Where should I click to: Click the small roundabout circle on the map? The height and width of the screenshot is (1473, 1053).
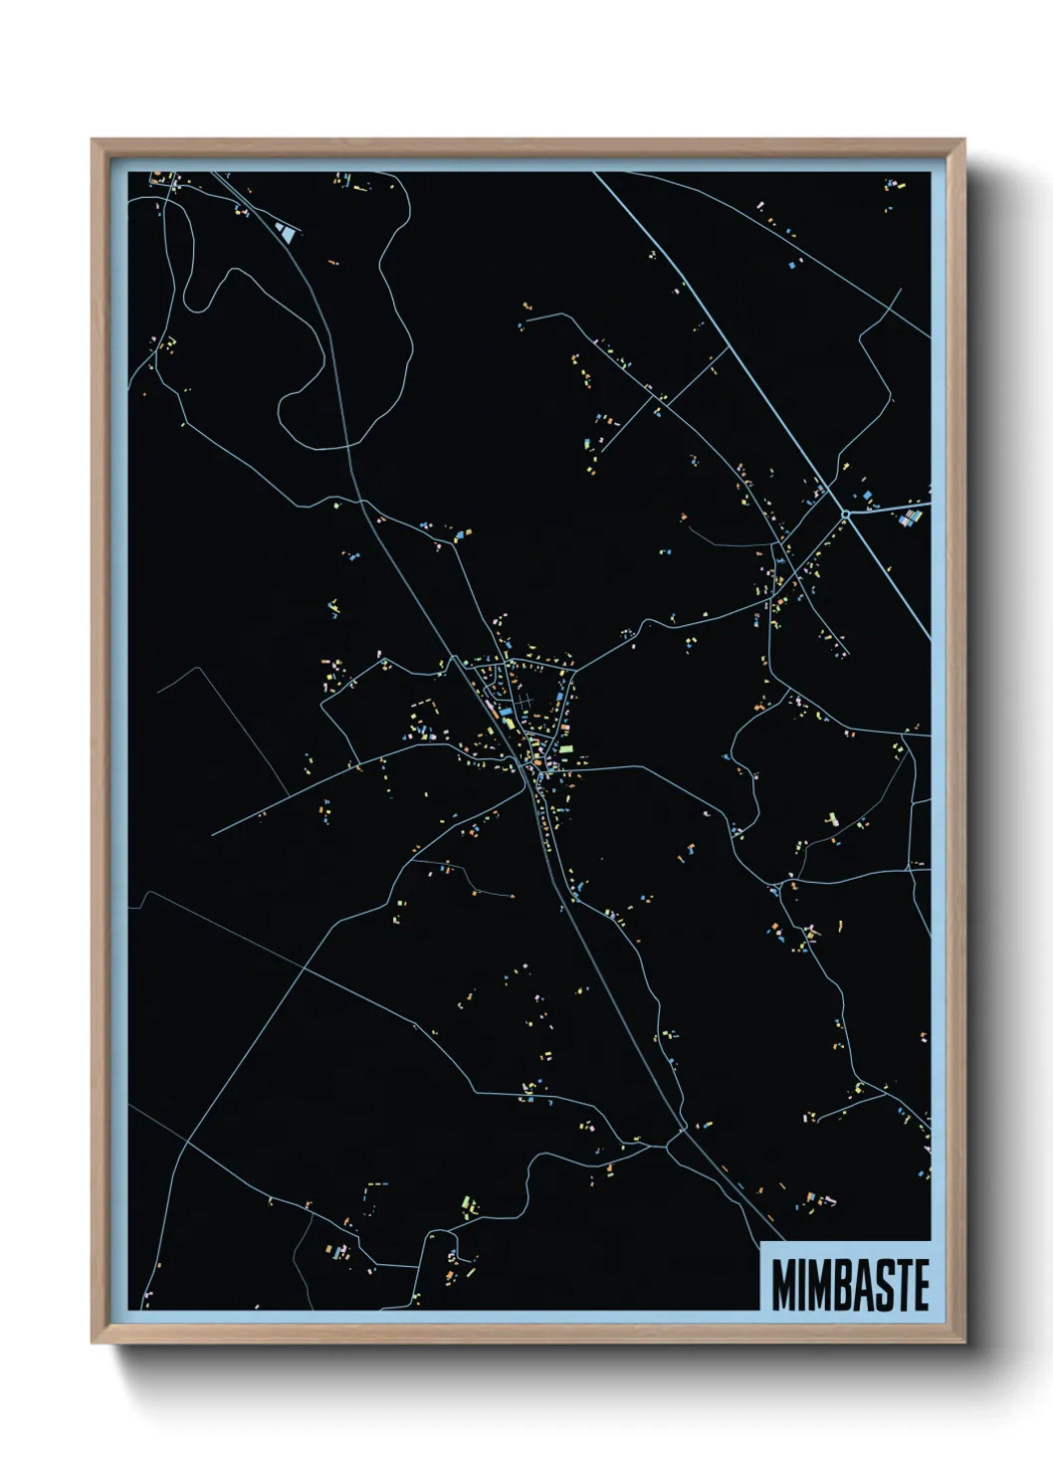coord(844,515)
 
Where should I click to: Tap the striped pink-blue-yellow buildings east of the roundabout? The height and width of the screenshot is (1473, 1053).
coord(910,517)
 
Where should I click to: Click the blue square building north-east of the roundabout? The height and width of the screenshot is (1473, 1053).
coord(867,495)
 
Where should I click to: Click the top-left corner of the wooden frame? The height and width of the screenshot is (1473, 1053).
coord(93,140)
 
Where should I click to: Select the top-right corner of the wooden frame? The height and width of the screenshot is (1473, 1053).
coord(964,140)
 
